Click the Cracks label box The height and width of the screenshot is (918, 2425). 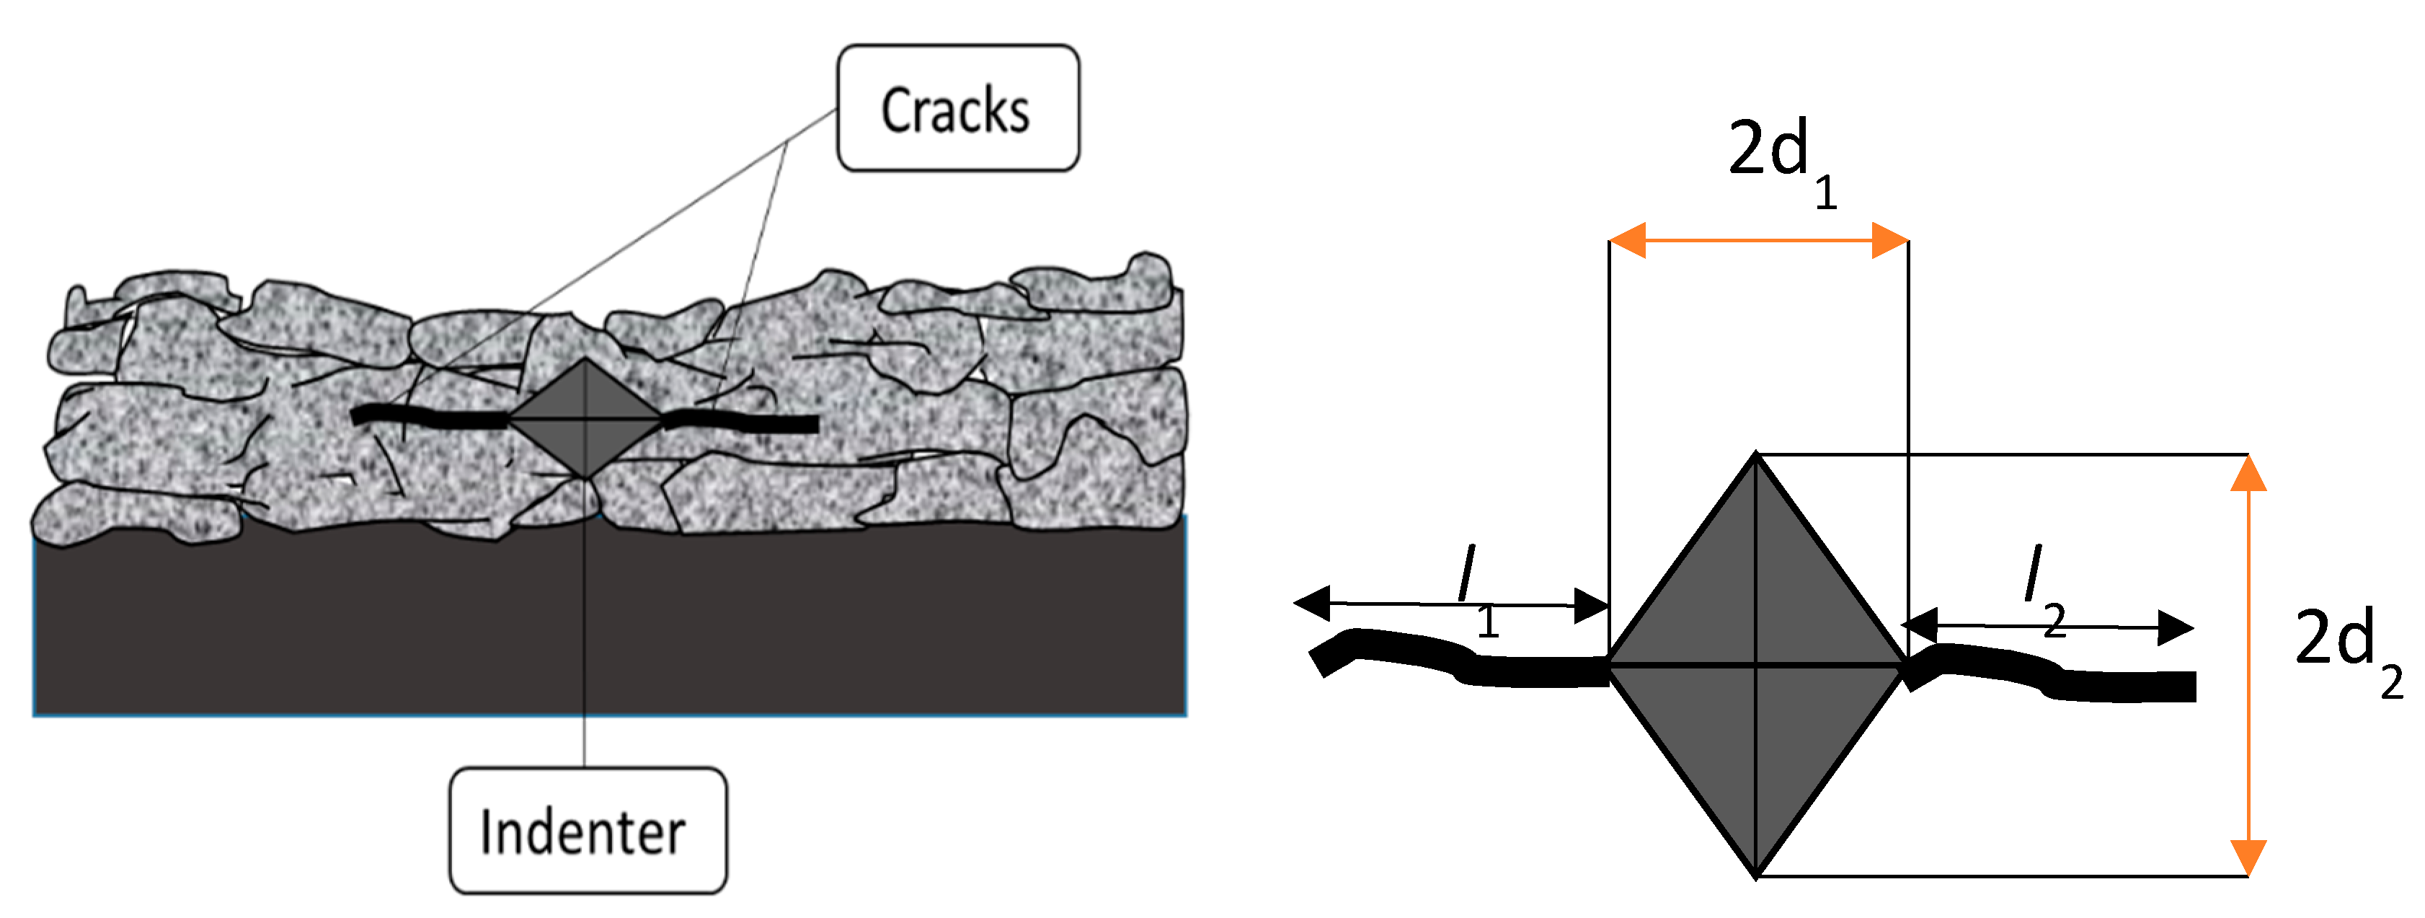pos(957,108)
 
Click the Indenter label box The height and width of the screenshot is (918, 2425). pos(588,831)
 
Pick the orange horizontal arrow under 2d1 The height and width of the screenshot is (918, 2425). pos(1758,241)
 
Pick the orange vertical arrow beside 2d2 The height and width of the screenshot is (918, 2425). pos(2248,666)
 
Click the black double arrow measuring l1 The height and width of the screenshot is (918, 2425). pos(1450,604)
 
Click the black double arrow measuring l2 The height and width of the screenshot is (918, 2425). pos(2047,626)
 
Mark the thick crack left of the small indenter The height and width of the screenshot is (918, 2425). pos(428,417)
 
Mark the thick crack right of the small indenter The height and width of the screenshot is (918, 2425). pos(744,422)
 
